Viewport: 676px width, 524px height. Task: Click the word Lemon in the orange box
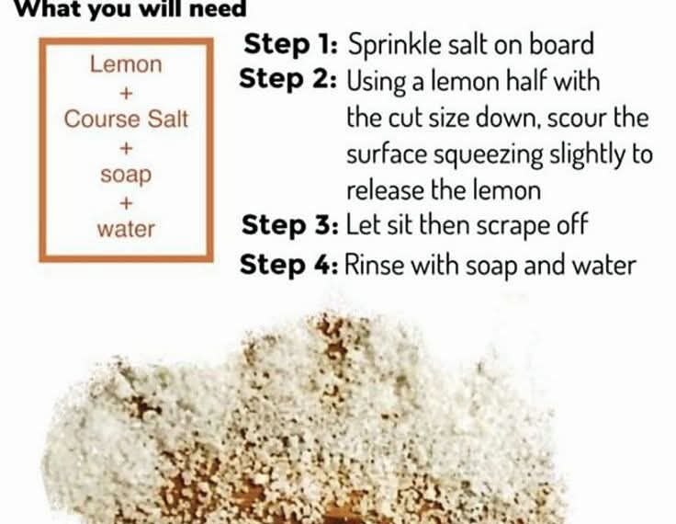pos(126,64)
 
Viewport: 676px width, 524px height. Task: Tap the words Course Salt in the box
pos(126,120)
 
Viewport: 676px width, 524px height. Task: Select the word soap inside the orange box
pos(126,176)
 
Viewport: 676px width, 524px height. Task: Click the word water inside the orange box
pos(126,229)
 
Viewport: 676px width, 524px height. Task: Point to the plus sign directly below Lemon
pos(126,93)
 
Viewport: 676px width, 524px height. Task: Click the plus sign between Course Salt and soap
pos(126,148)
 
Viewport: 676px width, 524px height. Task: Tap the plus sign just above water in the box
pos(126,203)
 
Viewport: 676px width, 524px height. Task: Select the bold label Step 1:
pos(290,44)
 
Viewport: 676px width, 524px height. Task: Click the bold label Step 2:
pos(287,79)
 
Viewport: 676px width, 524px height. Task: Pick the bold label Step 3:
pos(290,225)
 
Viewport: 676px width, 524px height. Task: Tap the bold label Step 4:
pos(288,264)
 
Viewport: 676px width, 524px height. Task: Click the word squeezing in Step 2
pos(488,155)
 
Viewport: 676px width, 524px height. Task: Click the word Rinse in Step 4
pos(375,265)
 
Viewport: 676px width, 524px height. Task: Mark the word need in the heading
pos(218,8)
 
